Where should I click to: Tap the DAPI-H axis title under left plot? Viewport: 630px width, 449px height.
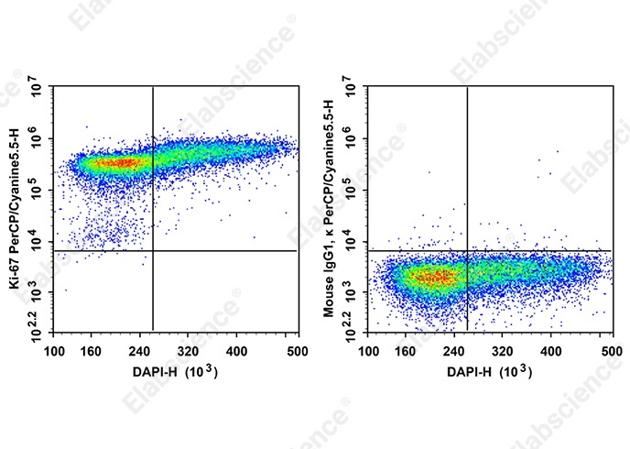[x=176, y=373]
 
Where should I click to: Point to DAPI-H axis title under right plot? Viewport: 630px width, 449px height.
[x=491, y=373]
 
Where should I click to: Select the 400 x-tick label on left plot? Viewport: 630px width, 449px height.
[x=237, y=351]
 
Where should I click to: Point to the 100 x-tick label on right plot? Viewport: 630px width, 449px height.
[x=370, y=351]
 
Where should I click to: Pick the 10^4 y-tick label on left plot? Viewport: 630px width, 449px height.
[x=38, y=242]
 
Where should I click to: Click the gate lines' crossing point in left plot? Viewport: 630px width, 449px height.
[x=152, y=250]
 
